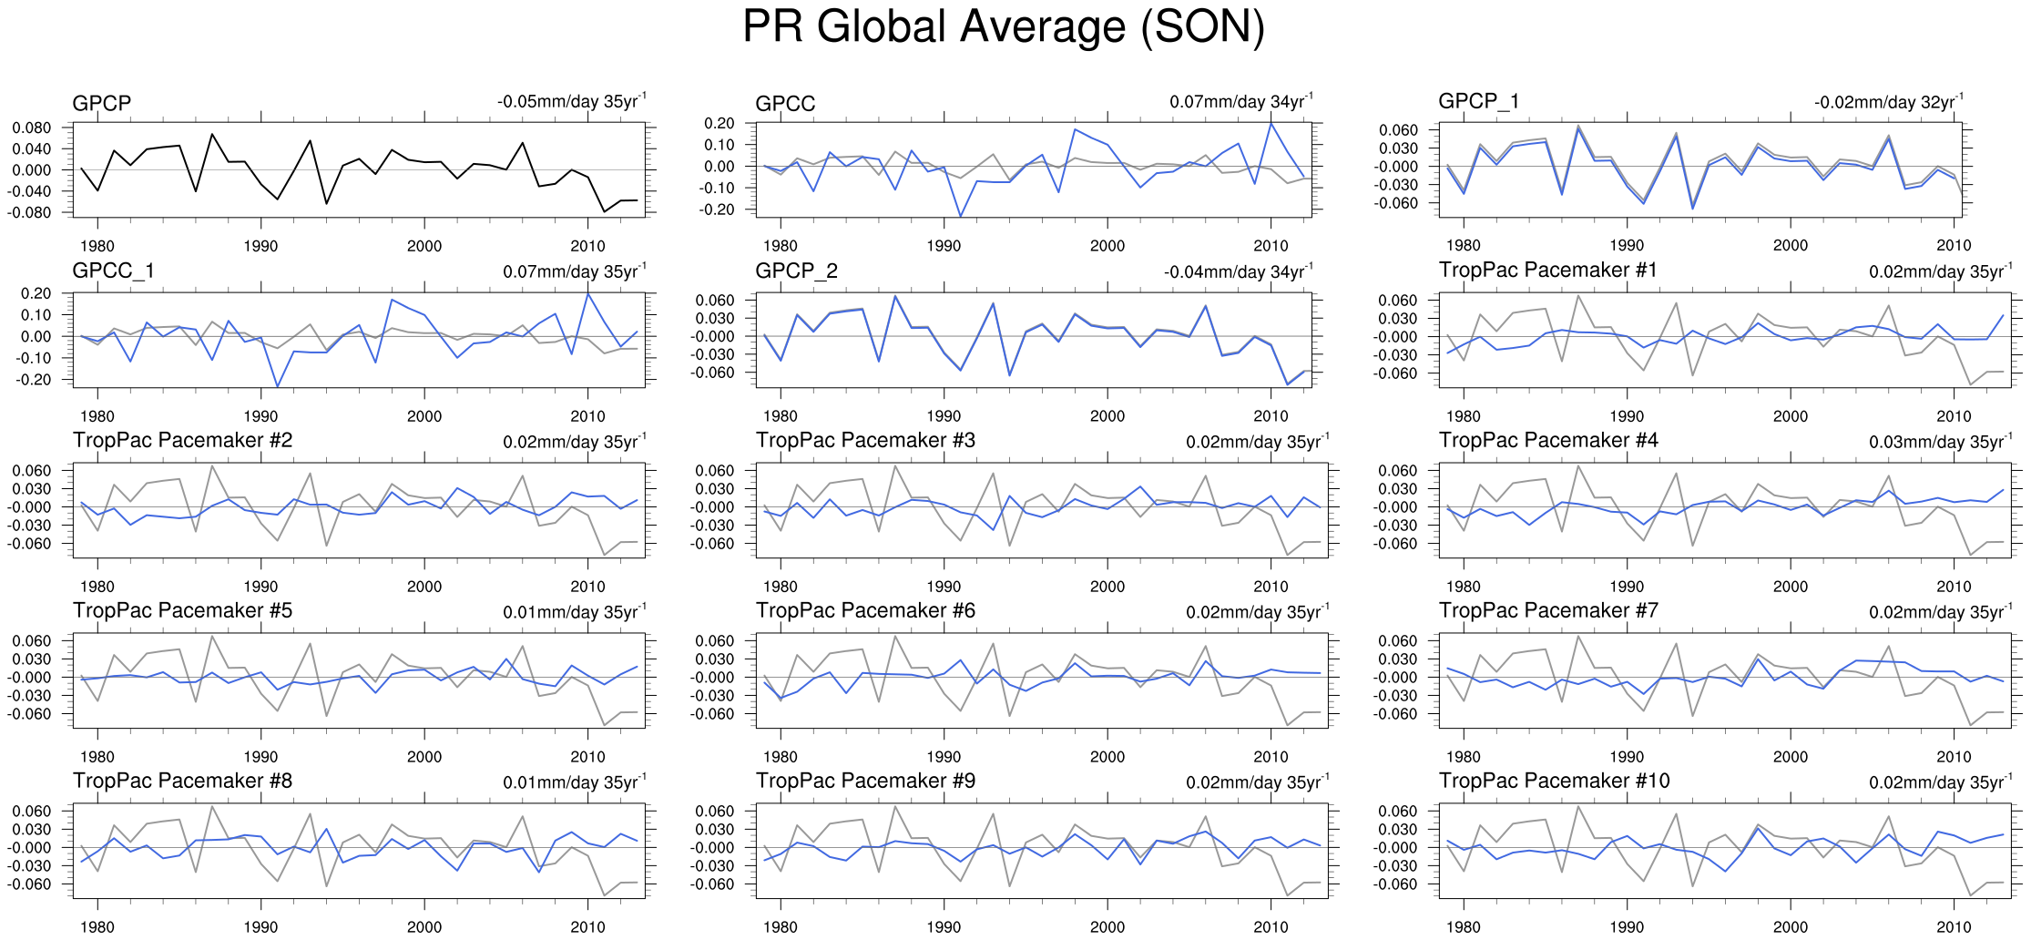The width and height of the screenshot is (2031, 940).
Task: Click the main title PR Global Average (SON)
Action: click(x=1003, y=27)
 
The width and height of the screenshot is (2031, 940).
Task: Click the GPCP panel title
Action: click(x=102, y=103)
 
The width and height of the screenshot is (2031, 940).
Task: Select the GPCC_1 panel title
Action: click(x=113, y=271)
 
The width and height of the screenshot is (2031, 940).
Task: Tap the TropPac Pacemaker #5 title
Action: click(x=182, y=611)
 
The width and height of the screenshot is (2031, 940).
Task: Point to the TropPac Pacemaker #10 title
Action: click(x=1554, y=782)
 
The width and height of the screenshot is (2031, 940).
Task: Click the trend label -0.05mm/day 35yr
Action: click(x=571, y=101)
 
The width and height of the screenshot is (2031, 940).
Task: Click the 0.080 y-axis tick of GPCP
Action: click(x=32, y=128)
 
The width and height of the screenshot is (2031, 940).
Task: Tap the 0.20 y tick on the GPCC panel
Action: click(x=719, y=123)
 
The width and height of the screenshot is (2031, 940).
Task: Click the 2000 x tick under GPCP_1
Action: click(x=1790, y=245)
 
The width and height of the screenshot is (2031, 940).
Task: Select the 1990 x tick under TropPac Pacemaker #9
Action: click(x=944, y=927)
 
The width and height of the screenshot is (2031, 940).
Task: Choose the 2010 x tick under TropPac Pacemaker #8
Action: click(x=587, y=927)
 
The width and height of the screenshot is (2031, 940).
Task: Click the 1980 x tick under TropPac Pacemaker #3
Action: click(x=781, y=587)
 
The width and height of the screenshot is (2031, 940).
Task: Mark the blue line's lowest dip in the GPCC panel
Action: click(x=960, y=217)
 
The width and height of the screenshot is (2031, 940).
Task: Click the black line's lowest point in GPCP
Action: click(x=604, y=212)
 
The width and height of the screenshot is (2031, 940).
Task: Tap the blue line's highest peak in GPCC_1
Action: click(x=587, y=292)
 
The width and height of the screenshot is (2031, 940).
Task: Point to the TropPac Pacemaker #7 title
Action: click(x=1548, y=611)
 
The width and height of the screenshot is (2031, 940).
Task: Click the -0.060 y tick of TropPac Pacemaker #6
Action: click(x=715, y=713)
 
